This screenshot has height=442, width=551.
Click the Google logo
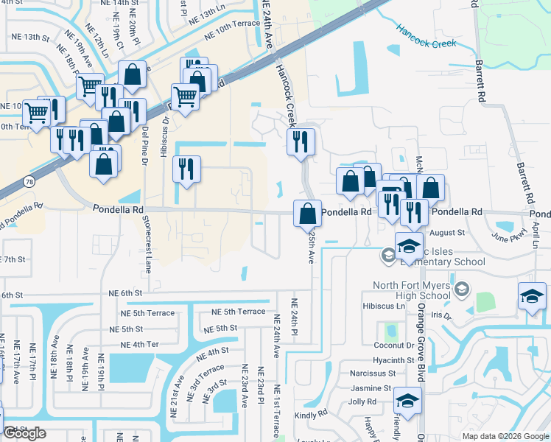(x=24, y=433)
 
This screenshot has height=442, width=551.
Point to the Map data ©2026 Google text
(x=505, y=436)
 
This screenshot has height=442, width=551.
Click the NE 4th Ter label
(x=139, y=344)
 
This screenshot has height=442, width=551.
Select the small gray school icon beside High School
(x=462, y=287)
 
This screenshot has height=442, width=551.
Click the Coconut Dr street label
(x=394, y=345)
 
